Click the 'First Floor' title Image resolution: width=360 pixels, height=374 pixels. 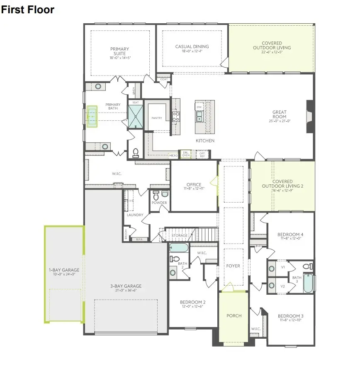[x=28, y=10]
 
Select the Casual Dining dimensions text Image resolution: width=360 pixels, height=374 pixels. [x=192, y=51]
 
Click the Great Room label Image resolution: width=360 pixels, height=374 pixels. [x=279, y=115]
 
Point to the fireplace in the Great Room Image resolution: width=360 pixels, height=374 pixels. [x=309, y=117]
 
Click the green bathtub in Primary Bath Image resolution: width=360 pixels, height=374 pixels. [x=92, y=117]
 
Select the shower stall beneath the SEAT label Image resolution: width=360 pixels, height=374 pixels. [x=135, y=117]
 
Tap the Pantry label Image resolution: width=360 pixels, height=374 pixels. [x=157, y=118]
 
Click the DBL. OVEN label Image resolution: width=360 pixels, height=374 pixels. [x=186, y=154]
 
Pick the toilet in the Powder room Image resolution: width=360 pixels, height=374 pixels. [x=156, y=195]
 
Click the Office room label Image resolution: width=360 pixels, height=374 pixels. [x=194, y=185]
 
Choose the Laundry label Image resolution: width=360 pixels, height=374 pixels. [x=135, y=215]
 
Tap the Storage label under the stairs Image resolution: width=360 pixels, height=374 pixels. [x=179, y=236]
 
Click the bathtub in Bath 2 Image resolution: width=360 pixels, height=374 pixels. [x=179, y=248]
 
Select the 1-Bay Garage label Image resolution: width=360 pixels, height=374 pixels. [x=64, y=270]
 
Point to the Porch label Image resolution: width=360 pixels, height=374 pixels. [x=234, y=315]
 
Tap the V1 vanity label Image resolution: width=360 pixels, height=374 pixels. [x=283, y=267]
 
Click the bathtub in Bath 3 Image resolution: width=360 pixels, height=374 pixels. [x=308, y=283]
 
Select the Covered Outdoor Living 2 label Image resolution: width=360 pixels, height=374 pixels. [x=282, y=184]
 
